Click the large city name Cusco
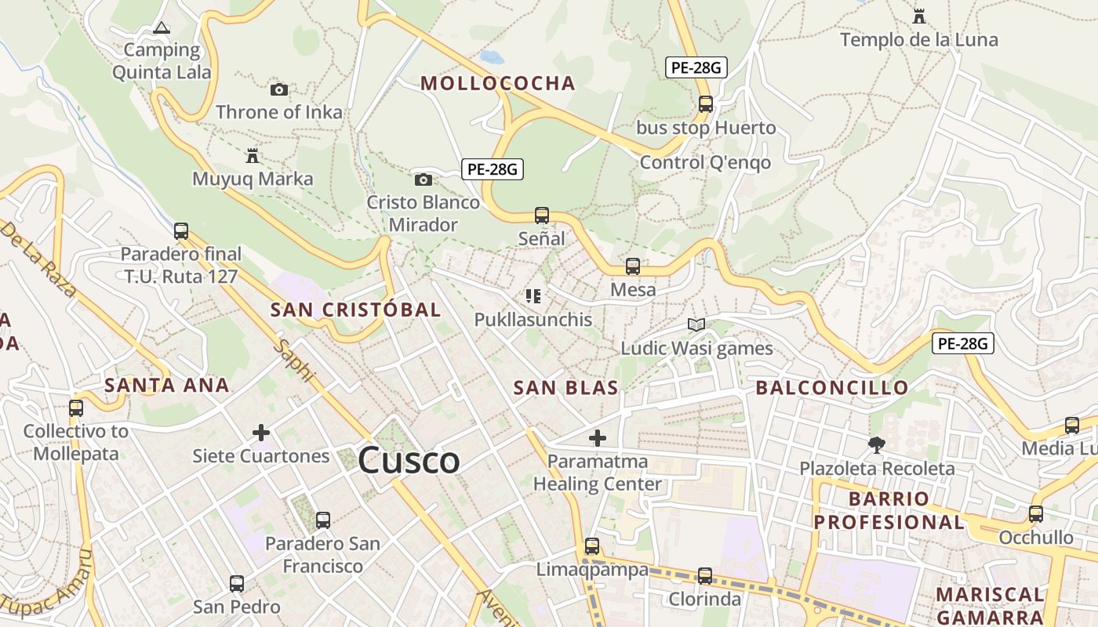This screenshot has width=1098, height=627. tap(409, 461)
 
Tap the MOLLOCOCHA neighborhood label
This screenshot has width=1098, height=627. tap(498, 83)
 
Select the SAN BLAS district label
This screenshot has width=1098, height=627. tap(565, 387)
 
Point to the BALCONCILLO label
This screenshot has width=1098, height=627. tap(831, 387)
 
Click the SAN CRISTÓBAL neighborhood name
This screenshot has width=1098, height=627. tap(355, 310)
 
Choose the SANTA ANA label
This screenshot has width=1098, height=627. tap(167, 385)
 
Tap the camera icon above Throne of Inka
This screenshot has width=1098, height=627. tap(278, 89)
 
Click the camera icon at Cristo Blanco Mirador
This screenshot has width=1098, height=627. tap(423, 179)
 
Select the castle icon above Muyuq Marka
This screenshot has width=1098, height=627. tap(252, 155)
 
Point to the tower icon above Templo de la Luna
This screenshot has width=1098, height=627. tap(919, 16)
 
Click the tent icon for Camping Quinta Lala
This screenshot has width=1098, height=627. tap(162, 28)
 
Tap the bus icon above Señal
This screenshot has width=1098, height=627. tap(541, 215)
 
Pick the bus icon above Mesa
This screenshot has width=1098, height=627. tap(632, 266)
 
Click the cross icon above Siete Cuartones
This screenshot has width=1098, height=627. tap(261, 432)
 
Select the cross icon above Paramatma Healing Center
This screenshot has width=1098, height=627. tap(598, 437)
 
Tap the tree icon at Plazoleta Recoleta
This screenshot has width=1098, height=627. tap(876, 445)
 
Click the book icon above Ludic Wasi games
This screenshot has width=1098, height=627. tap(696, 324)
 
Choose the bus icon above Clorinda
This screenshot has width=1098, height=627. tap(704, 576)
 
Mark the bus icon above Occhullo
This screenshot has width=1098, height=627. tap(1035, 514)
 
